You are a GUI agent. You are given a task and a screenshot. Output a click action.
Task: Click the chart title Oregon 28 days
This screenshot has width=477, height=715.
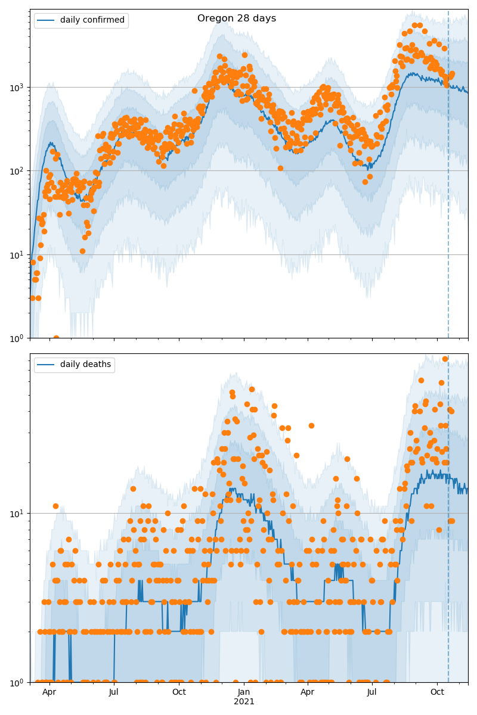coord(237,18)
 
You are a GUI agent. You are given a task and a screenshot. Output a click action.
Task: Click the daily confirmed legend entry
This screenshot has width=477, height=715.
coord(92,20)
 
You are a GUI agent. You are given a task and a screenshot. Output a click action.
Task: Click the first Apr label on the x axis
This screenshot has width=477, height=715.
coord(49,692)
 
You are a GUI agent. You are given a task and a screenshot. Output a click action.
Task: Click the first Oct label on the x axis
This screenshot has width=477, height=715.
coord(179,692)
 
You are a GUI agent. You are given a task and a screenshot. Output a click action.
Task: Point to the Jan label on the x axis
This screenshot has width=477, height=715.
coord(244,692)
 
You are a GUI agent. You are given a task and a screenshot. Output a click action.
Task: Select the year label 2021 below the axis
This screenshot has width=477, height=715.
coord(244,701)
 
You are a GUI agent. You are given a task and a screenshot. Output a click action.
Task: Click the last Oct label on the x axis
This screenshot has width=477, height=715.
coord(437,692)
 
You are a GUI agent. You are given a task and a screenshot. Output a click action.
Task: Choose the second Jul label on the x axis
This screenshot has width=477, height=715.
coord(372,692)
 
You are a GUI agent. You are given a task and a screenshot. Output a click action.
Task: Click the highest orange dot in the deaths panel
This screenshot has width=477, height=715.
coord(445,359)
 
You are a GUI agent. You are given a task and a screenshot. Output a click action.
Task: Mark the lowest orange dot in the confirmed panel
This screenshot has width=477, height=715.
coord(56,338)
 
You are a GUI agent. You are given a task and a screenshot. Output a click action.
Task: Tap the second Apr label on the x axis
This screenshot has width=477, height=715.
coord(308,692)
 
